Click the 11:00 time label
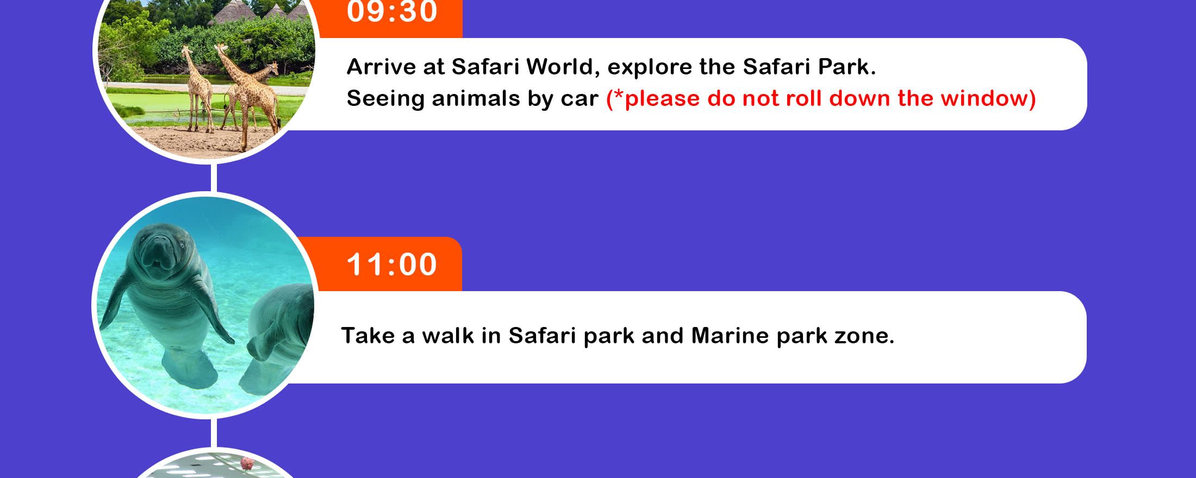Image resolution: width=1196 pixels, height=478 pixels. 391,265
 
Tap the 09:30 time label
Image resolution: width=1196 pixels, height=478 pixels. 391,11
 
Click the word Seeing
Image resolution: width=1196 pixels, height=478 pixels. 385,99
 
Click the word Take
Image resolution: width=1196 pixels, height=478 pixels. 367,336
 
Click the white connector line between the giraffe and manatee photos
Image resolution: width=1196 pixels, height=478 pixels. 214,178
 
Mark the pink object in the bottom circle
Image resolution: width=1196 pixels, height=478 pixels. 247,463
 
